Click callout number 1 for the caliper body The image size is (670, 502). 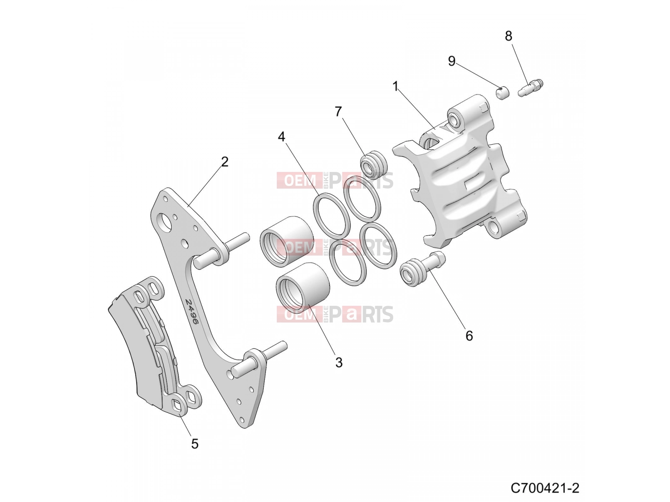tap(395, 86)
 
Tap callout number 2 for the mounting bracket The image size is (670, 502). tap(224, 162)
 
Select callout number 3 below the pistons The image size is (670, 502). tap(338, 363)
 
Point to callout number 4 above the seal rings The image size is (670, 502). tap(281, 137)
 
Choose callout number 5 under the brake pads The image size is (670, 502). tap(195, 444)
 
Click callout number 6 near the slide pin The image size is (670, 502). tap(469, 336)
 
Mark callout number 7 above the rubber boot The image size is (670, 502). tap(338, 112)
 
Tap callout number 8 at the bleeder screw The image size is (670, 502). tap(508, 36)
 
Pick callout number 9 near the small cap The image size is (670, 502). tap(451, 61)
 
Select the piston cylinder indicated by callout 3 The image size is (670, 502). tap(303, 287)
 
